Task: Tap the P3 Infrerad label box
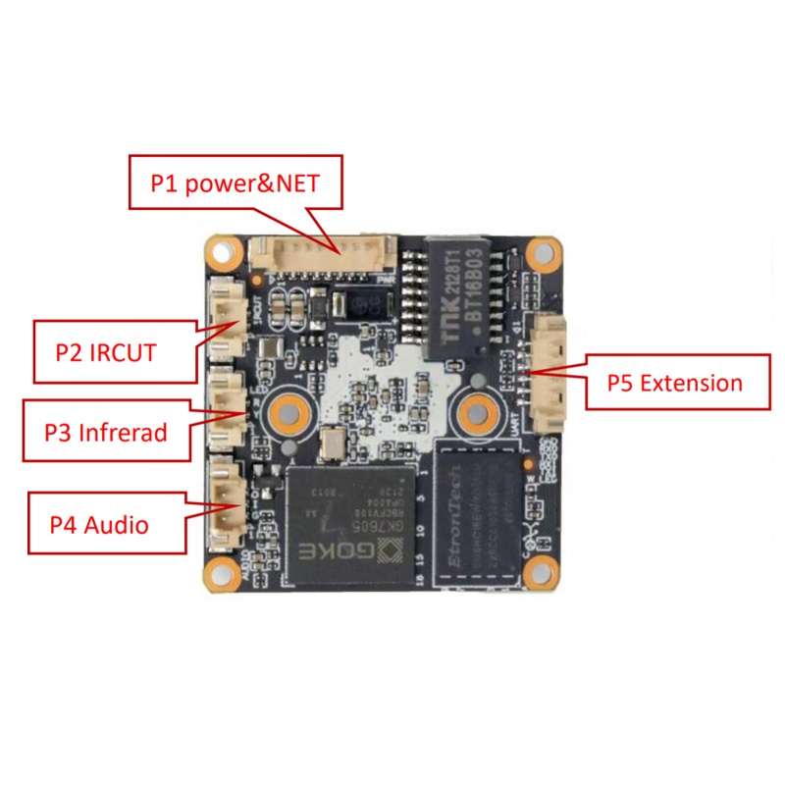pos(106,430)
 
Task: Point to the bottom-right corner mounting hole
pos(541,568)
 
